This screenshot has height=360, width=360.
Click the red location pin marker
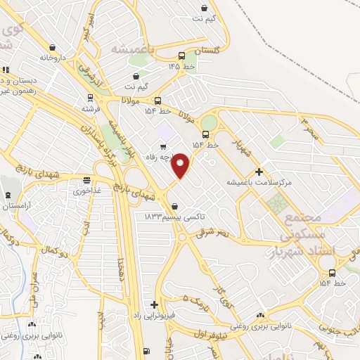pyautogui.click(x=181, y=165)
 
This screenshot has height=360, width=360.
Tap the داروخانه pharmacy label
pyautogui.click(x=52, y=57)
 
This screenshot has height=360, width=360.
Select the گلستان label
pyautogui.click(x=207, y=51)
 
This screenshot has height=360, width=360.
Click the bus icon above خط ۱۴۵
pyautogui.click(x=182, y=56)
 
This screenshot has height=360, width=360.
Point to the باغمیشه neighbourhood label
pyautogui.click(x=131, y=49)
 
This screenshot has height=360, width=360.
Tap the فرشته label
pyautogui.click(x=91, y=109)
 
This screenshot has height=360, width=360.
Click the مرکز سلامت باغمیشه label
pyautogui.click(x=258, y=182)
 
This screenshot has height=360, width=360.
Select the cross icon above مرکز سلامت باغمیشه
pyautogui.click(x=259, y=172)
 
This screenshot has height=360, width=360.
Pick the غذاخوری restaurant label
pyautogui.click(x=87, y=191)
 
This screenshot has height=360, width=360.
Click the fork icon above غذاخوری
pyautogui.click(x=87, y=180)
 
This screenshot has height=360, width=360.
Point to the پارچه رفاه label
pyautogui.click(x=160, y=157)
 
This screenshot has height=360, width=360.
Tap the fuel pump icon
pyautogui.click(x=146, y=351)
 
